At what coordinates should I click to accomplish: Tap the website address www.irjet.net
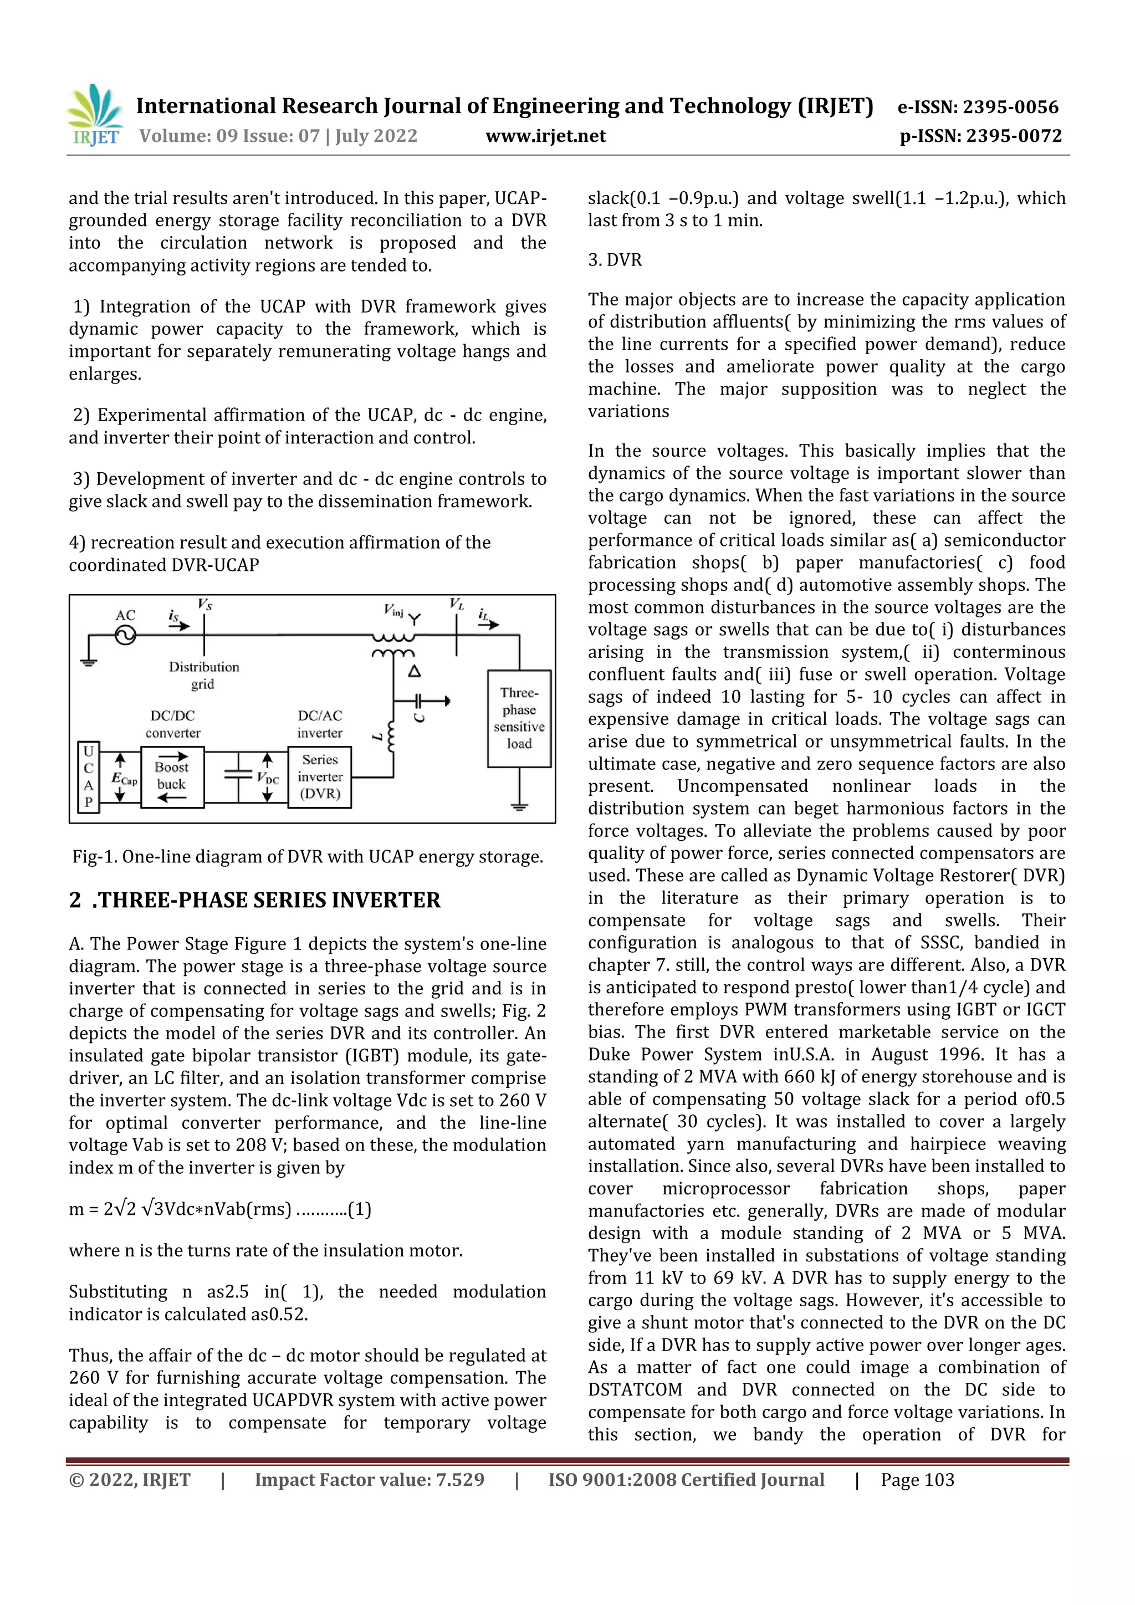pyautogui.click(x=545, y=136)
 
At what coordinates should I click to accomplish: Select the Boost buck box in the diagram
pyautogui.click(x=172, y=776)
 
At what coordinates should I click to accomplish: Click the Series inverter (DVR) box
pyautogui.click(x=319, y=776)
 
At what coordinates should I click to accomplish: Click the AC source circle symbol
pyautogui.click(x=125, y=636)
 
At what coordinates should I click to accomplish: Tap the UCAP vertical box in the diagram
pyautogui.click(x=89, y=776)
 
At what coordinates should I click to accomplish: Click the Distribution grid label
pyautogui.click(x=203, y=675)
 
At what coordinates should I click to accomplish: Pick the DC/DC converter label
pyautogui.click(x=172, y=724)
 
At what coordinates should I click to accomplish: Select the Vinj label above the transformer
pyautogui.click(x=393, y=610)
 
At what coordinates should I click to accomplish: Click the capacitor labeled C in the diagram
pyautogui.click(x=418, y=701)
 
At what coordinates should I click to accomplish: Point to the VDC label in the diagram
pyautogui.click(x=268, y=779)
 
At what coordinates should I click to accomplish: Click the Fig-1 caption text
pyautogui.click(x=308, y=856)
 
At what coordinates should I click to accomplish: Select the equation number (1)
pyautogui.click(x=359, y=1209)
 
